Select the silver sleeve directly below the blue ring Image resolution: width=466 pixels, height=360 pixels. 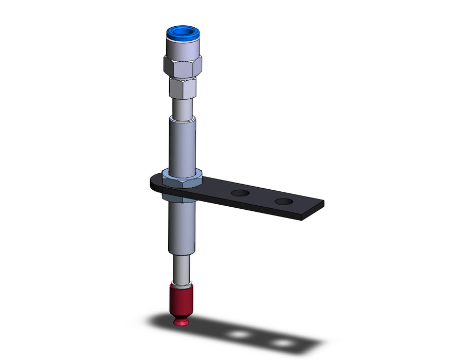click(182, 50)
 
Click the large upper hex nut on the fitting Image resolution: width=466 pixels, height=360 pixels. click(182, 65)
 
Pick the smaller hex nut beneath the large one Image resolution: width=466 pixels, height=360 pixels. click(182, 88)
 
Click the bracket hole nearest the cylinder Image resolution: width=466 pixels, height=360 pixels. click(239, 193)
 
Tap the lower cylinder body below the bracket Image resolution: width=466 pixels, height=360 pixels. click(182, 226)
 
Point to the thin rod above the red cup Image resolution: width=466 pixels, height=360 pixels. click(182, 268)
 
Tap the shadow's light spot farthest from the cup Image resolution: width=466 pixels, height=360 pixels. click(281, 341)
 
